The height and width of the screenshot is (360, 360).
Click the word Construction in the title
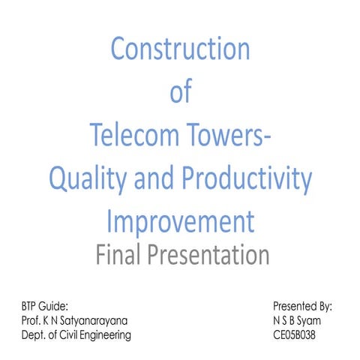(x=180, y=49)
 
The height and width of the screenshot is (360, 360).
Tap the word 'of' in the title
(x=181, y=92)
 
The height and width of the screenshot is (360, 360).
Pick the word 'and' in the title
(x=154, y=179)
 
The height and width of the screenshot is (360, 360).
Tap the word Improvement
(x=180, y=222)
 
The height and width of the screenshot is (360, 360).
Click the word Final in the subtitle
(x=122, y=256)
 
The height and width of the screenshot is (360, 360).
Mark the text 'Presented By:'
(x=303, y=307)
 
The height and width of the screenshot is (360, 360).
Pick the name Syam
(x=319, y=321)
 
